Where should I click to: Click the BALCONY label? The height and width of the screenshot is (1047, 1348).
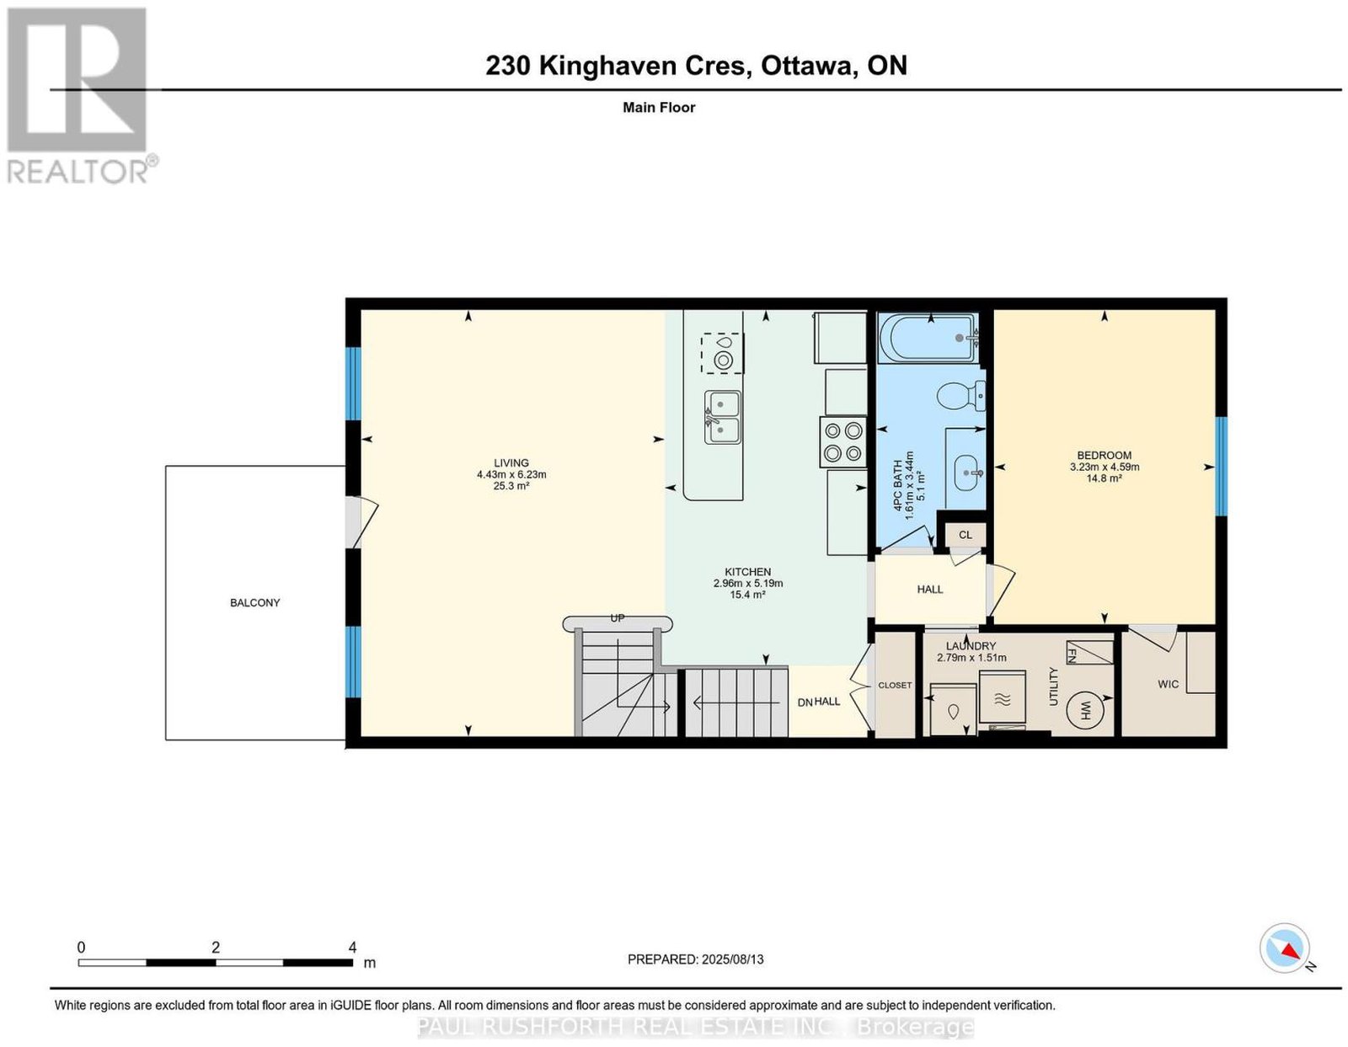(x=255, y=602)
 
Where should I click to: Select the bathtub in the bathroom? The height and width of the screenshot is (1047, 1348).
(x=928, y=339)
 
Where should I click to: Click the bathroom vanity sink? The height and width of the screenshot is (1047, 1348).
(x=967, y=473)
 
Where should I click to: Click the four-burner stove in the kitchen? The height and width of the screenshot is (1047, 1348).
(x=843, y=441)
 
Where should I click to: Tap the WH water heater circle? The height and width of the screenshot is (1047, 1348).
(x=1086, y=710)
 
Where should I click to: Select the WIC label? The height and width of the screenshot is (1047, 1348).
(x=1168, y=684)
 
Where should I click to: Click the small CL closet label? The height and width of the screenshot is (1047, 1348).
(x=966, y=535)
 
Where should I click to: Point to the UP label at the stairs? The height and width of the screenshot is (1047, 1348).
(x=618, y=618)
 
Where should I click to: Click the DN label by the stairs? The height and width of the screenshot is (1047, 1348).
(x=805, y=702)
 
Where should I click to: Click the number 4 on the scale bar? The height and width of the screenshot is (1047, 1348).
(x=351, y=948)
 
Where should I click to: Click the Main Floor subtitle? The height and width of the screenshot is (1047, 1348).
(x=659, y=107)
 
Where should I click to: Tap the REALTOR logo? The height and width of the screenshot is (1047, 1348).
(x=82, y=96)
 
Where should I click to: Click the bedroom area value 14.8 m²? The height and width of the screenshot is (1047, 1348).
(x=1105, y=478)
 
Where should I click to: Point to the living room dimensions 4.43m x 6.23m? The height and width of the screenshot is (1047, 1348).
(x=511, y=474)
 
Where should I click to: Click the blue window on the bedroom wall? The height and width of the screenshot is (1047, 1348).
(x=1220, y=466)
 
